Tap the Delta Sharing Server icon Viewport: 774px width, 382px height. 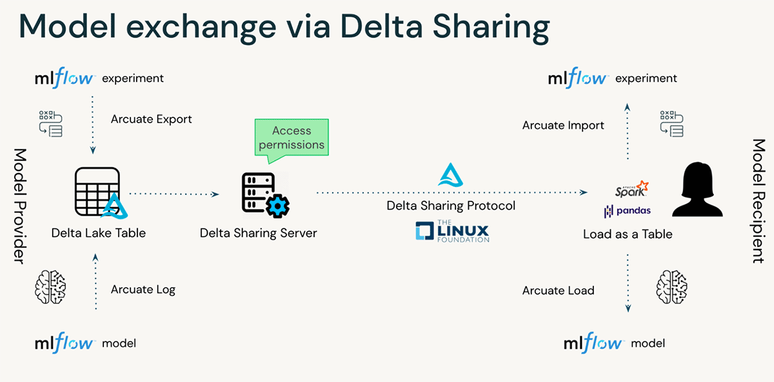pos(265,196)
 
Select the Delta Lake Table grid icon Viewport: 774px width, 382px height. pos(101,193)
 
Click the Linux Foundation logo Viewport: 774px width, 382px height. pos(452,230)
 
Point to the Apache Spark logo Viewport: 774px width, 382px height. pos(631,189)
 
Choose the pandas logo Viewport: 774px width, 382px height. pos(627,210)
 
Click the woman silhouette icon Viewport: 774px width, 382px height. pos(697,189)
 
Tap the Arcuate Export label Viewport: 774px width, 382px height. pos(151,119)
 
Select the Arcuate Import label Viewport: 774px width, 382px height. pos(563,125)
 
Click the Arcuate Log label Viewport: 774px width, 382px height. pos(143,289)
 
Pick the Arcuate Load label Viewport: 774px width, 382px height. pos(558,290)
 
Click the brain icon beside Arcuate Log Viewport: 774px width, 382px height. pos(50,287)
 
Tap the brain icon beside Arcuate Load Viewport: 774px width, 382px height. pos(671,287)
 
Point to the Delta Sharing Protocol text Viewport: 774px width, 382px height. pos(451,206)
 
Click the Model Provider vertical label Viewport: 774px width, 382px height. pos(21,206)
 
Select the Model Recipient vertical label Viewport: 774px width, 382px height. pos(759,201)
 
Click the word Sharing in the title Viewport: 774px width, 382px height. pos(491,28)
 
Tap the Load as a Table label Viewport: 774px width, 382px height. pos(628,234)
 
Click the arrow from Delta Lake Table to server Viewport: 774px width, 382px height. pos(174,194)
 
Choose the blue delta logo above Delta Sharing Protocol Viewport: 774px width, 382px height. pos(451,175)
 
